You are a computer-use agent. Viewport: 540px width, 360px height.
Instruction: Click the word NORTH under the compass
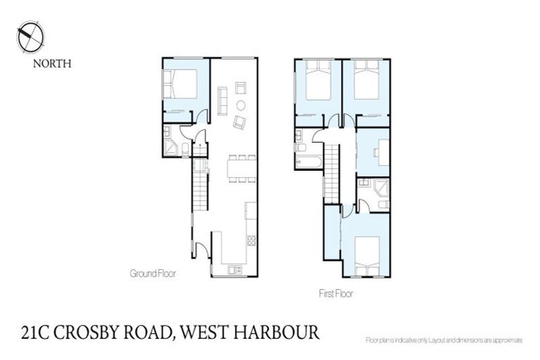pyautogui.click(x=53, y=63)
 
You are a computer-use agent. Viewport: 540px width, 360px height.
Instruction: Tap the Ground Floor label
pyautogui.click(x=153, y=274)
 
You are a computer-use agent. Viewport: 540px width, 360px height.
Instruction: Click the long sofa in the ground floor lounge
pyautogui.click(x=222, y=101)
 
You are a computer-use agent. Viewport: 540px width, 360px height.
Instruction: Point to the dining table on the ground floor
pyautogui.click(x=238, y=169)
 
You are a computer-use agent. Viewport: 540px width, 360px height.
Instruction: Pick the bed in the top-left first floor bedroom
pyautogui.click(x=318, y=82)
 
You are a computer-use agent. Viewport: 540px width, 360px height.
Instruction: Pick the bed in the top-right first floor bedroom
pyautogui.click(x=366, y=82)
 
